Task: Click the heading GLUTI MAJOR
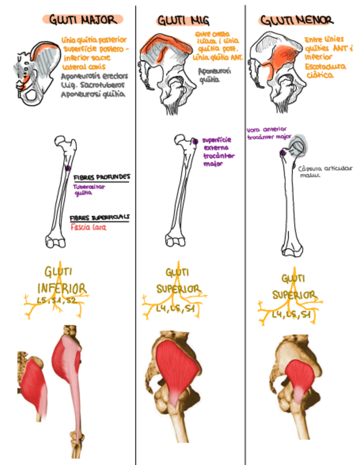coord(83,20)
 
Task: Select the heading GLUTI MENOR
coord(296,21)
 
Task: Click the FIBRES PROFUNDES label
coord(102,177)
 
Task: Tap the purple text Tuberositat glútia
coord(88,189)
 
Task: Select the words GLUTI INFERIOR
coord(61,280)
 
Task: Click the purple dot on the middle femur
coord(196,141)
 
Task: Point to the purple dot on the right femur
coord(282,152)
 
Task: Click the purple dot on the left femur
coord(67,168)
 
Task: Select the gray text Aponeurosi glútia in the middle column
coord(209,75)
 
